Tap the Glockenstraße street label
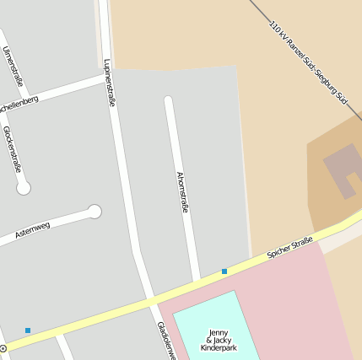click(13, 149)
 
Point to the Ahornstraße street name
click(181, 191)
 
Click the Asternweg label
click(32, 230)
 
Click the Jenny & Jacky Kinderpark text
click(219, 340)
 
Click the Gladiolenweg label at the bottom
click(165, 341)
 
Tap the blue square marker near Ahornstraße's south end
click(224, 271)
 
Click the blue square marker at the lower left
click(28, 330)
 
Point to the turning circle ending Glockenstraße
click(24, 188)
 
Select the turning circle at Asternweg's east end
click(95, 212)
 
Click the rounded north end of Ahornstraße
click(168, 101)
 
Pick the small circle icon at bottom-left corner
click(3, 348)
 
